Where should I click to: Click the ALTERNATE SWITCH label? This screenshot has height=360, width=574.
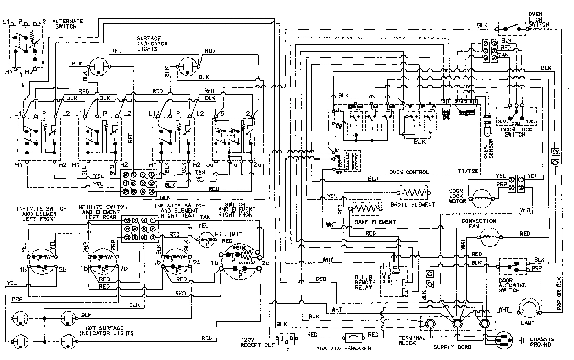(x=67, y=25)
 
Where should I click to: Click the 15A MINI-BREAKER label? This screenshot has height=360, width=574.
(x=337, y=346)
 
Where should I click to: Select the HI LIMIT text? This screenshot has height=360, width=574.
(x=229, y=234)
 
